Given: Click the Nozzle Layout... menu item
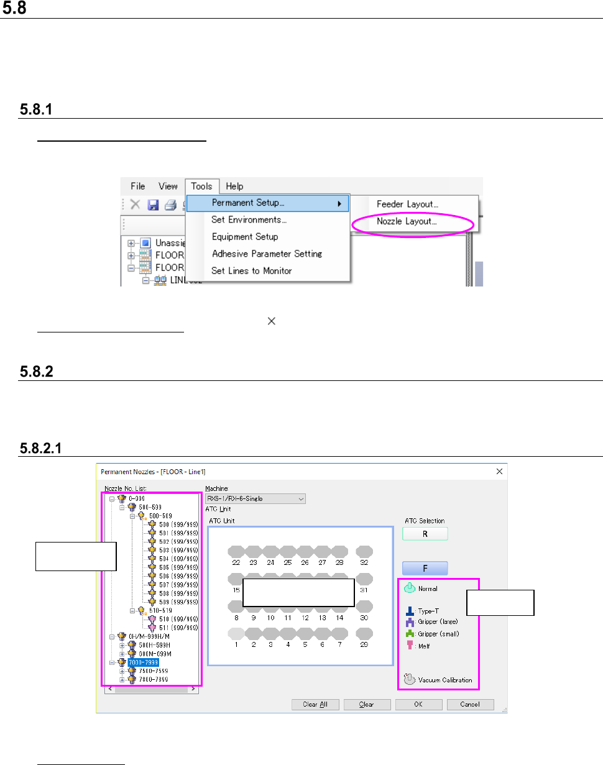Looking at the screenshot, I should pyautogui.click(x=407, y=221).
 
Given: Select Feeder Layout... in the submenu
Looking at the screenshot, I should pyautogui.click(x=407, y=204).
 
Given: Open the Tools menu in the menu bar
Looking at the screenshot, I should pyautogui.click(x=201, y=186).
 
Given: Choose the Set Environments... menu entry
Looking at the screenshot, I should pyautogui.click(x=249, y=220).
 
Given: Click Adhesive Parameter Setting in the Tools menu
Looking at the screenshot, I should pyautogui.click(x=267, y=254).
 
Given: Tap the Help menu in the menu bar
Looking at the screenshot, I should pyautogui.click(x=234, y=186).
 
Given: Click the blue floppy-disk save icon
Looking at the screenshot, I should pyautogui.click(x=153, y=204).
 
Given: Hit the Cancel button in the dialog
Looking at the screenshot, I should pyautogui.click(x=471, y=704).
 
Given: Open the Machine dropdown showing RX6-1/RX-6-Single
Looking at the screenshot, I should pyautogui.click(x=255, y=498).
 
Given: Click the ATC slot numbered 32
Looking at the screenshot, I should pyautogui.click(x=364, y=551).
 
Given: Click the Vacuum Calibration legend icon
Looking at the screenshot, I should pyautogui.click(x=408, y=679).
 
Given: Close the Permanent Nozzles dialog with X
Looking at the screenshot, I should pyautogui.click(x=499, y=472).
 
